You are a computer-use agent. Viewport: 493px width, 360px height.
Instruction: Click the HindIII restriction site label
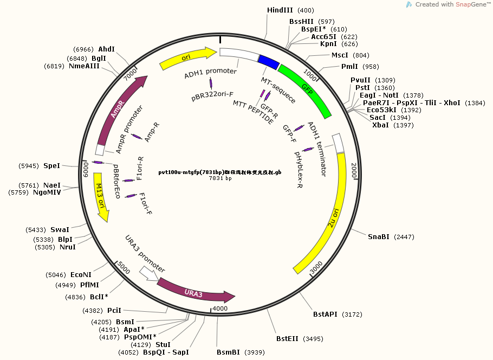[280, 10]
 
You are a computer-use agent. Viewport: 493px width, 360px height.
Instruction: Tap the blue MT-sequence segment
[268, 61]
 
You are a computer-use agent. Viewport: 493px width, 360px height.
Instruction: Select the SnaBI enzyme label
[379, 237]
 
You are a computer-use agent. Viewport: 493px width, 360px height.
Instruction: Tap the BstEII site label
[287, 339]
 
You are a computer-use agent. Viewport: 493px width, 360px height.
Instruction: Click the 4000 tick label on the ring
[220, 308]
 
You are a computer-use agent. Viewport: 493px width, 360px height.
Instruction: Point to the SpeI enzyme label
[52, 165]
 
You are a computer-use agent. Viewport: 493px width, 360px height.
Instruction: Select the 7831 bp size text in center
[220, 178]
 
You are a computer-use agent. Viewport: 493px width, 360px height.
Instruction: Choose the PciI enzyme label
[114, 311]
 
